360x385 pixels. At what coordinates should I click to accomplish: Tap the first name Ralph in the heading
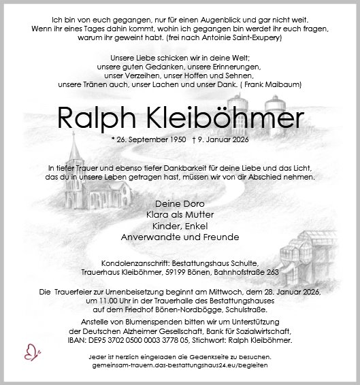tap(93, 120)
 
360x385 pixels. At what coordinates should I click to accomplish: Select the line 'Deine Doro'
tap(180, 203)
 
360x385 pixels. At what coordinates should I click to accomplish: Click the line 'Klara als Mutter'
tap(180, 214)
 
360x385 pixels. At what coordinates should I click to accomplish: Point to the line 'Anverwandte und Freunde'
tap(180, 237)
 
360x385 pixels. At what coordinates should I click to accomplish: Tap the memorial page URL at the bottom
tap(180, 365)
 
